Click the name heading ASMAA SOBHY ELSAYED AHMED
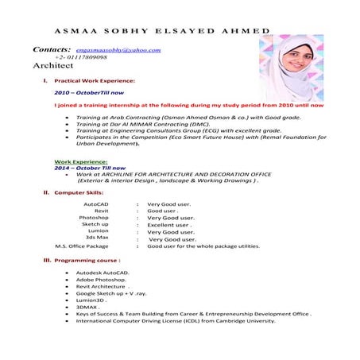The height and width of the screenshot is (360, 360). click(x=160, y=30)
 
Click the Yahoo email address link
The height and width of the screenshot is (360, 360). click(x=118, y=50)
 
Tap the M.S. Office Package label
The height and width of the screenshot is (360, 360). click(x=82, y=246)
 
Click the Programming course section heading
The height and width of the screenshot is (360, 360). click(x=87, y=261)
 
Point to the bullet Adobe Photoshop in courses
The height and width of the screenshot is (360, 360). click(x=102, y=280)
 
